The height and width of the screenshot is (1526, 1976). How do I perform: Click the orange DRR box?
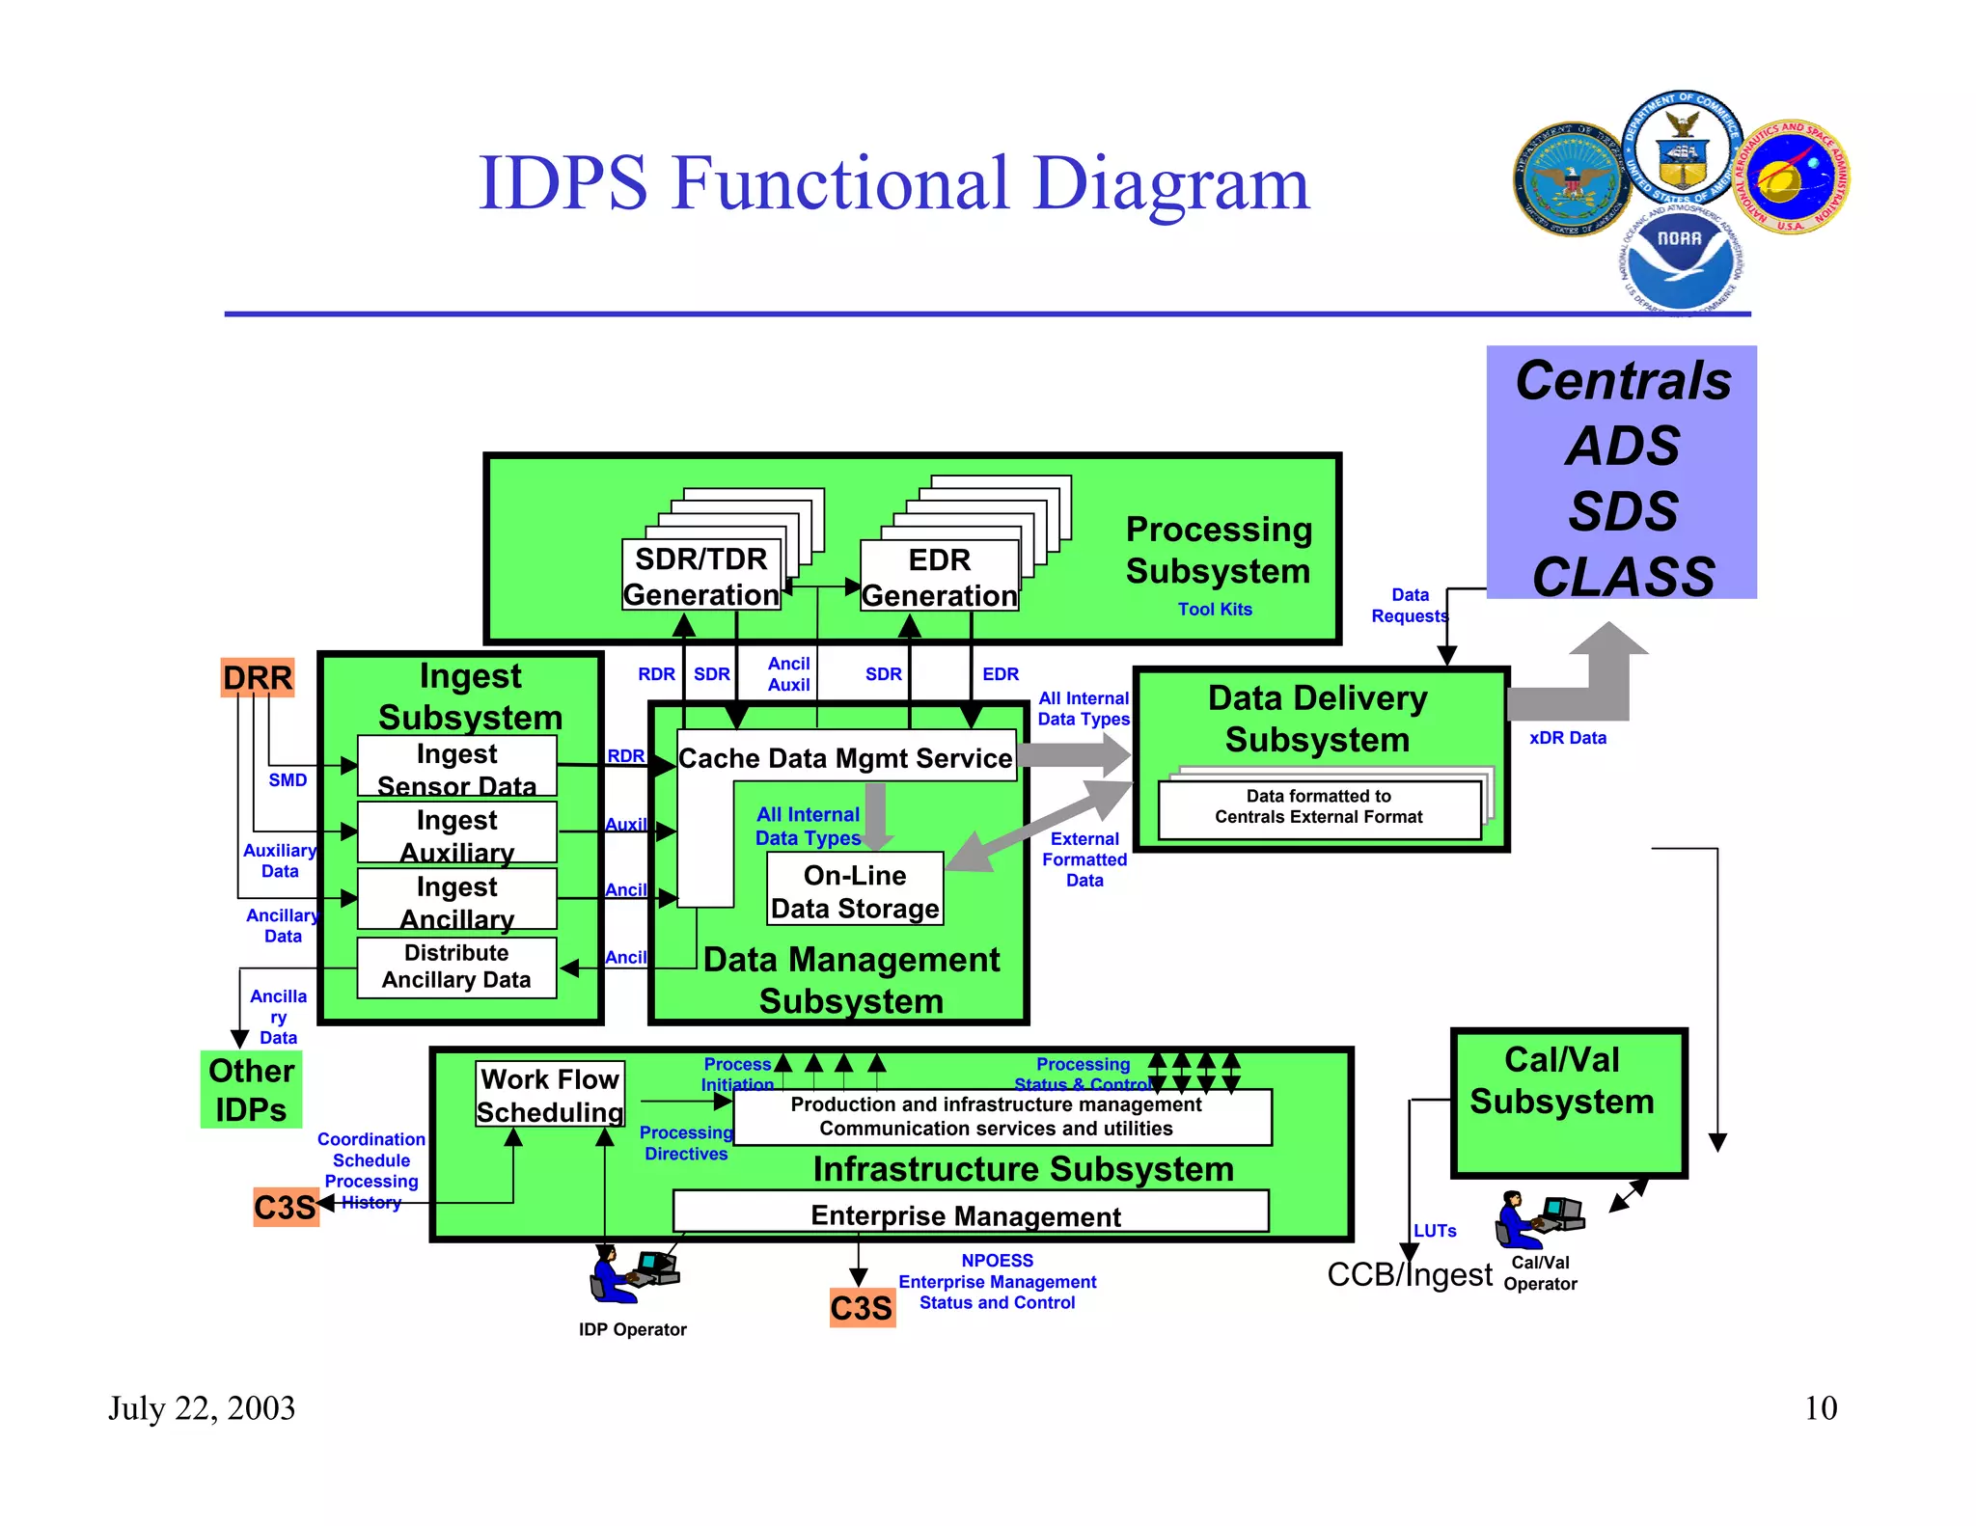(x=257, y=677)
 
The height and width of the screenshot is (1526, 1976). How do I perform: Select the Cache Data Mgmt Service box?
(x=845, y=757)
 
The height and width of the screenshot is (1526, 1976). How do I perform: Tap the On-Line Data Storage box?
(x=855, y=890)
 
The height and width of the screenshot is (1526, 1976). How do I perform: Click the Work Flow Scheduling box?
(x=550, y=1095)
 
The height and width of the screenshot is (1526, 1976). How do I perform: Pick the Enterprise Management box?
(x=970, y=1213)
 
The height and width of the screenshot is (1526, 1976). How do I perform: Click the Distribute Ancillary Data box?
(x=456, y=967)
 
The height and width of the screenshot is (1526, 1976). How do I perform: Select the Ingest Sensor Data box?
(x=456, y=767)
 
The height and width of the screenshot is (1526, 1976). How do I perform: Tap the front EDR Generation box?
(x=939, y=577)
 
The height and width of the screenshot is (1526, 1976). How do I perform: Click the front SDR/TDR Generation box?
(x=701, y=576)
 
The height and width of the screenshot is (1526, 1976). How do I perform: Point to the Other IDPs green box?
(x=251, y=1090)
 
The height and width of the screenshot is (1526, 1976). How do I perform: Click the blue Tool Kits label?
(x=1215, y=610)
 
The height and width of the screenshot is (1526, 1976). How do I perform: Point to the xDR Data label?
(x=1568, y=738)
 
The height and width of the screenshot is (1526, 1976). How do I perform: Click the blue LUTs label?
(x=1435, y=1231)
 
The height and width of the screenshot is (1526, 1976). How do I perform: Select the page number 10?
(x=1821, y=1408)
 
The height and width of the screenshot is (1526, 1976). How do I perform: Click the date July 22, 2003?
(x=202, y=1408)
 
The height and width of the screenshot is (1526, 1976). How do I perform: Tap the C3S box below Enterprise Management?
(x=862, y=1308)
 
